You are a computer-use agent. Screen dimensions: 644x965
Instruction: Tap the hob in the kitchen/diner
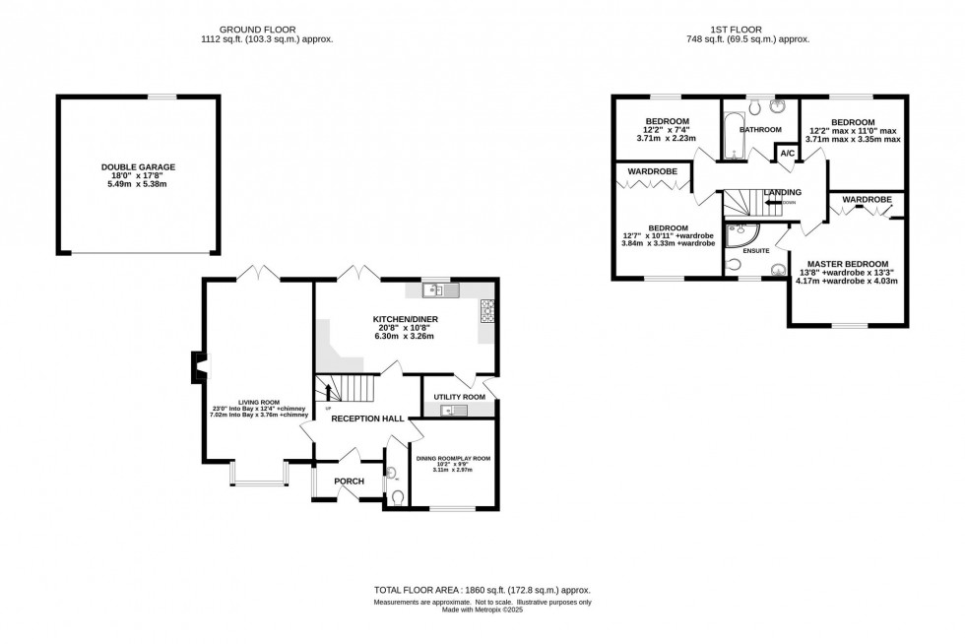tap(485, 311)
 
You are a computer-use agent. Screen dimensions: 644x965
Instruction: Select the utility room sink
tap(453, 410)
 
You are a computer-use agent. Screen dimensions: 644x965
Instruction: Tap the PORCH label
tap(350, 481)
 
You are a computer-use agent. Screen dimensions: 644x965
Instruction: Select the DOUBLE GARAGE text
tap(138, 167)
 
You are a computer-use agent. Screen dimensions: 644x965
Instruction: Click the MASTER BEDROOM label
tap(848, 264)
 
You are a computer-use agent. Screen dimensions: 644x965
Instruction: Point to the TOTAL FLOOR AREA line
tap(482, 590)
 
